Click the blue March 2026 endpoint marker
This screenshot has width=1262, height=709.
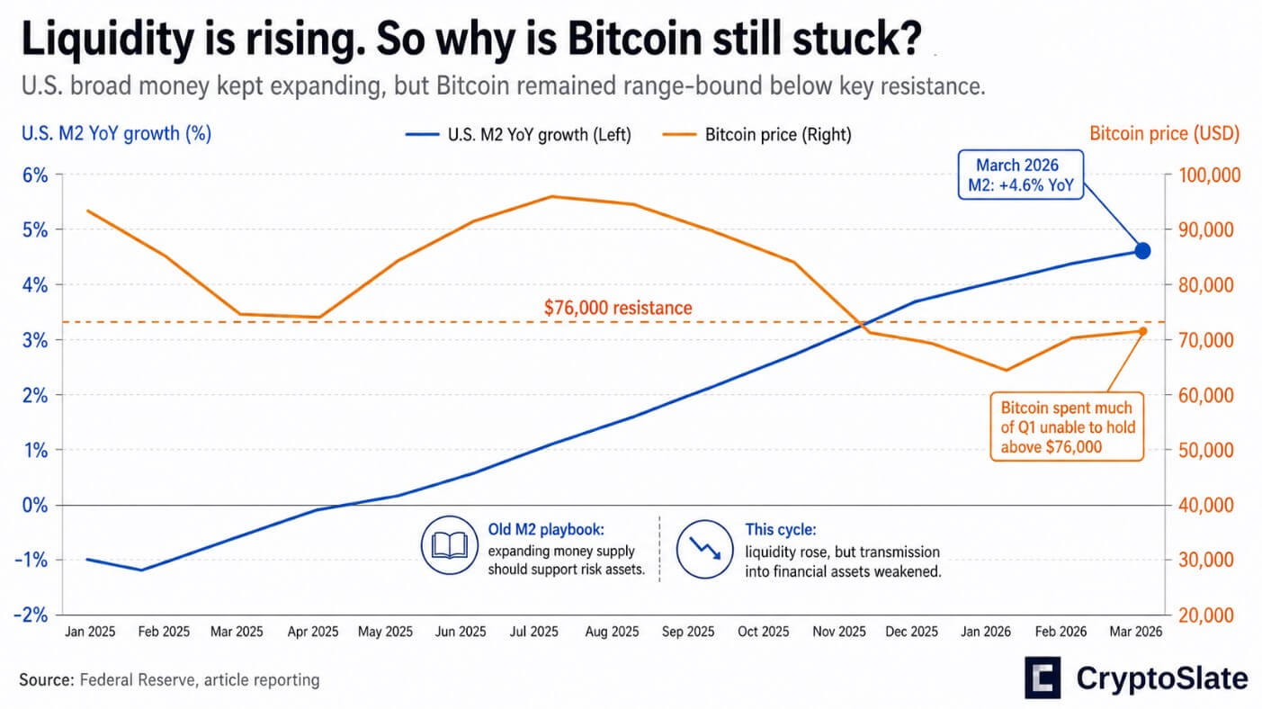click(1142, 251)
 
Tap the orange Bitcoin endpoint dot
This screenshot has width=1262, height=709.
click(1142, 331)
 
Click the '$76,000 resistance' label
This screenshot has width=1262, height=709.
click(618, 308)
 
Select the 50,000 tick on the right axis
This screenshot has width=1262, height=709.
click(1204, 450)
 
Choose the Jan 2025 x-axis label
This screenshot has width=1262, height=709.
click(90, 632)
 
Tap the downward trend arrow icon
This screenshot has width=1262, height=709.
click(704, 548)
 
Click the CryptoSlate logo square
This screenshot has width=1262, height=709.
click(1043, 678)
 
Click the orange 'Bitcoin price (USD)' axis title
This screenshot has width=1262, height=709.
click(1164, 134)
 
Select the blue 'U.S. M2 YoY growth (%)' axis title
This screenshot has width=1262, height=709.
click(116, 134)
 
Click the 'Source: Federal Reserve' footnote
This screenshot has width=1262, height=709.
click(169, 679)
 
